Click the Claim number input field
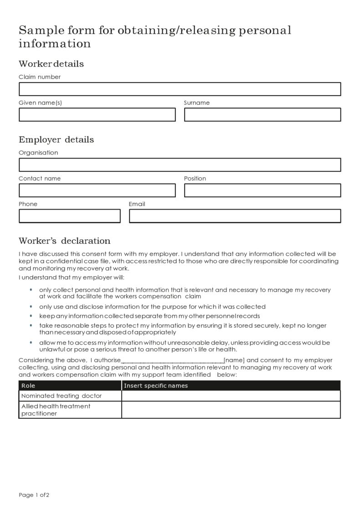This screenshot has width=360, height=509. click(180, 89)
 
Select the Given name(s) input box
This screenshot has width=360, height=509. click(97, 114)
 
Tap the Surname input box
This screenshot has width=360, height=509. click(262, 114)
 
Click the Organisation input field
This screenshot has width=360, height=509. click(180, 165)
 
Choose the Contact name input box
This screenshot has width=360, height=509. click(97, 190)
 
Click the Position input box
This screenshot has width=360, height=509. click(262, 190)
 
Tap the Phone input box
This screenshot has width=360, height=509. click(69, 216)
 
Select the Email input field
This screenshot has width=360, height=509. click(235, 216)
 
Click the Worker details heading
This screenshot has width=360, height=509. click(51, 64)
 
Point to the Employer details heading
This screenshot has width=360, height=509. click(56, 139)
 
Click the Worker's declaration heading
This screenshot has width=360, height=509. click(64, 241)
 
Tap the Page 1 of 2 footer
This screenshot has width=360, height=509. click(34, 495)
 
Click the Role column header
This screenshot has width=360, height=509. click(28, 386)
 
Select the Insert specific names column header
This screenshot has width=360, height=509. click(156, 386)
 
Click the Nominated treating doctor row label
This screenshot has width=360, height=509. click(62, 396)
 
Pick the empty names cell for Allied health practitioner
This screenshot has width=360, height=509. click(231, 410)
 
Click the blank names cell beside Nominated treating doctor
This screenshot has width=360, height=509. click(231, 396)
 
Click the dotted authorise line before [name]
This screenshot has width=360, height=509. click(172, 361)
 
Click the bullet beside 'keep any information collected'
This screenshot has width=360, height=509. click(31, 316)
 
